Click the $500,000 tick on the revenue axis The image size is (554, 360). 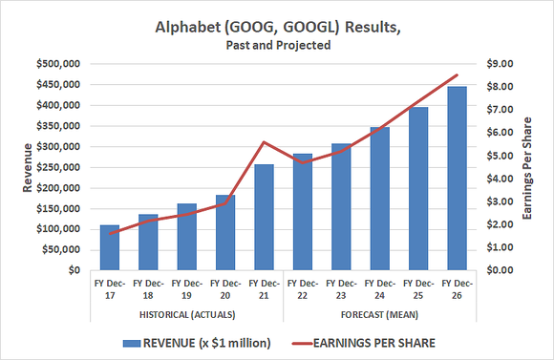tap(59, 64)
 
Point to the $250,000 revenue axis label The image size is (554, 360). tap(59, 167)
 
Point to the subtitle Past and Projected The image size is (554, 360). tap(277, 45)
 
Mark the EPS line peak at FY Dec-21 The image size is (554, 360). tap(264, 142)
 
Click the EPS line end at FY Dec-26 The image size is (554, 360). tap(457, 74)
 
